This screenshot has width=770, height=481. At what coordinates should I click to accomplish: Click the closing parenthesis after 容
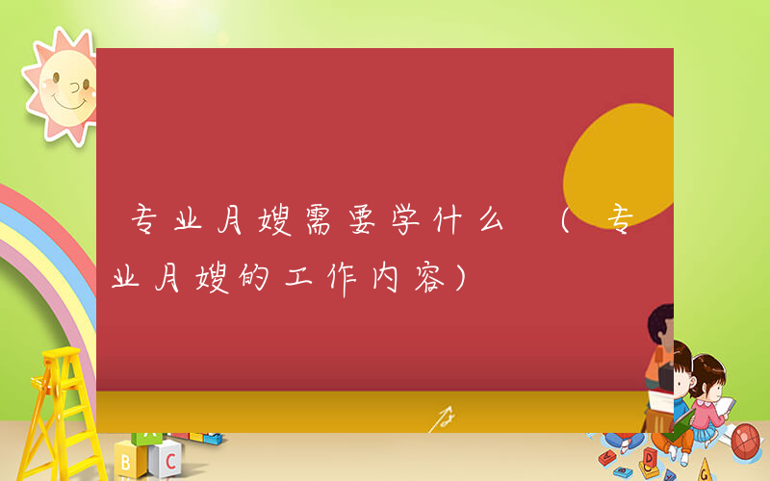[x=463, y=280]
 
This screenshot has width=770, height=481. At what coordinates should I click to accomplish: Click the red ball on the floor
[x=746, y=441]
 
